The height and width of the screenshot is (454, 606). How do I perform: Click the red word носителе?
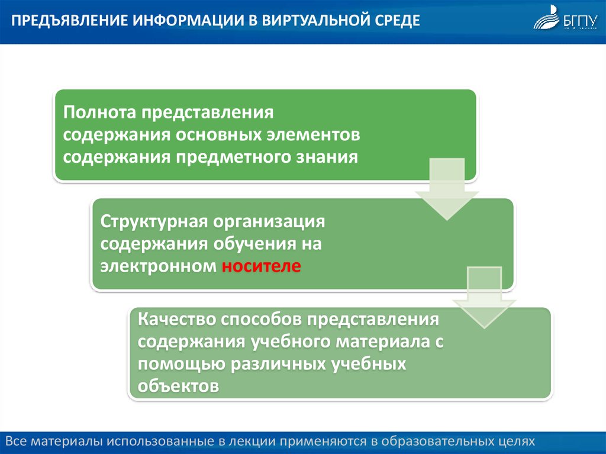tap(261, 266)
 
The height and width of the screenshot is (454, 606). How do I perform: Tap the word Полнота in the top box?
tap(99, 112)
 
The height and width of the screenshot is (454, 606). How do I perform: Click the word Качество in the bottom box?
tap(176, 319)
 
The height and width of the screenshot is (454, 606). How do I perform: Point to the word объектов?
tap(179, 386)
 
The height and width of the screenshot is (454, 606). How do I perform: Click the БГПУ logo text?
tap(581, 22)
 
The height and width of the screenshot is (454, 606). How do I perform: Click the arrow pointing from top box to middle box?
tap(447, 189)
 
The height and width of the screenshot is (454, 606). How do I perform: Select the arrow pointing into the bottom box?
tap(484, 297)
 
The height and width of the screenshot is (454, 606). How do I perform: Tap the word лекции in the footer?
tap(252, 441)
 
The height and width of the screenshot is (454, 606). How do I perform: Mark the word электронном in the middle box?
tap(159, 266)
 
